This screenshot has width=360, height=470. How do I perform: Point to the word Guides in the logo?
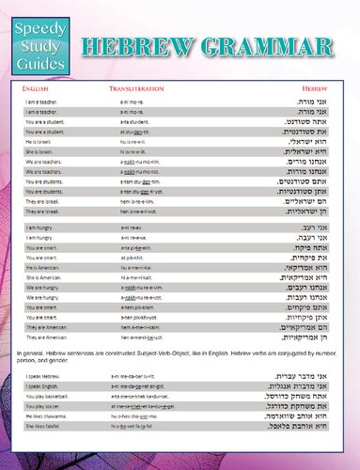pyautogui.click(x=39, y=63)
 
